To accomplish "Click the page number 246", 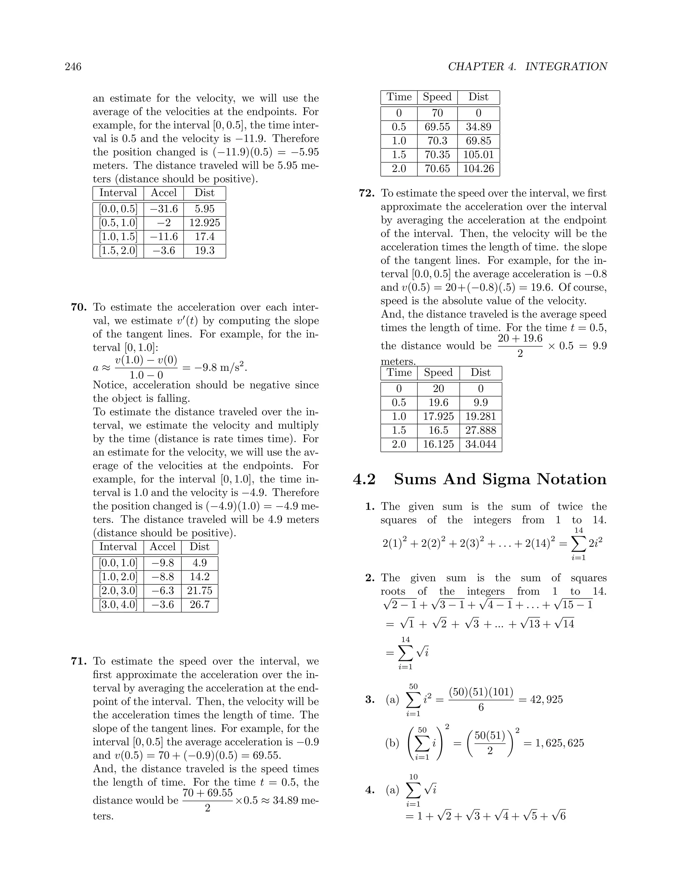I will coord(73,67).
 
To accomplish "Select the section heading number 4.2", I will coord(364,479).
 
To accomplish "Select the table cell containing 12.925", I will coord(205,223).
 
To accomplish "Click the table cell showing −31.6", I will coord(164,209).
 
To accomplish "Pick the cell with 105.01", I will coord(478,155).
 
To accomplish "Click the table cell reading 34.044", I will coord(480,444).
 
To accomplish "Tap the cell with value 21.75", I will coord(200,591).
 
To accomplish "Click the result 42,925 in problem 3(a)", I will coord(546,700).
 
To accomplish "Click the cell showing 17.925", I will coord(438,417).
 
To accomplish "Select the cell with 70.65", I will coord(437,168).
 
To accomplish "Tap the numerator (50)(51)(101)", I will coord(481,692).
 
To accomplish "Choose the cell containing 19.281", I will coord(480,417).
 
